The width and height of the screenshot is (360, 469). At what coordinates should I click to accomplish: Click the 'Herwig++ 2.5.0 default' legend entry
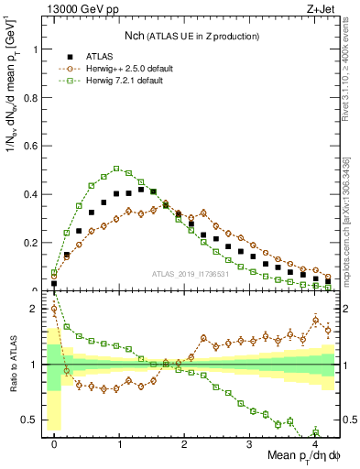coord(114,67)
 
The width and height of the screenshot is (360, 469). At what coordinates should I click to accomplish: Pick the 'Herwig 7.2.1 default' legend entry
coord(111,81)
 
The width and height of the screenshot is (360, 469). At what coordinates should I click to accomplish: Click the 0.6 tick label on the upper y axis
coord(33,146)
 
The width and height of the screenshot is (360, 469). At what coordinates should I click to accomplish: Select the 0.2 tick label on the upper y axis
coord(33,243)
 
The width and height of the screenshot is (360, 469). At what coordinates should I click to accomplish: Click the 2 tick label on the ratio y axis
coord(38,309)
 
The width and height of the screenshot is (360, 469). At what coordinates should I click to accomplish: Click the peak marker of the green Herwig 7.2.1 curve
coord(117,169)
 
